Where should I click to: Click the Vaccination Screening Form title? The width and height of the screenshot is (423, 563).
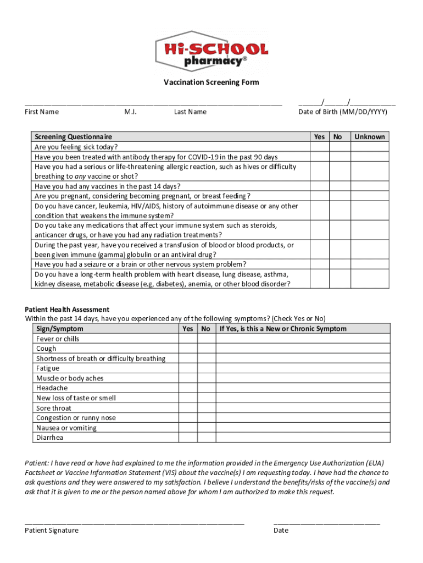tap(211, 82)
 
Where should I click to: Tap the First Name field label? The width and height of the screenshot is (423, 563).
tap(42, 112)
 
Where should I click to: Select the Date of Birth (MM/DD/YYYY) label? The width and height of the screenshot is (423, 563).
tap(343, 112)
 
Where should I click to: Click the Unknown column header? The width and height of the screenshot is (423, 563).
tap(370, 137)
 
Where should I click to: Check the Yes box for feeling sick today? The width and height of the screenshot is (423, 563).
tap(319, 147)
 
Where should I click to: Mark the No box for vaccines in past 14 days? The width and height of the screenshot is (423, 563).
tap(338, 186)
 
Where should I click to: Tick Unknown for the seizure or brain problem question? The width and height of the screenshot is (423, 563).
tap(370, 264)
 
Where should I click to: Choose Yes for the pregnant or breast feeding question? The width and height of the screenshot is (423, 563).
tap(319, 196)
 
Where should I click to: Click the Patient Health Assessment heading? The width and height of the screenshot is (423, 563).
tap(67, 310)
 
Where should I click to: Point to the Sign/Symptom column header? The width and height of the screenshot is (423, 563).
tap(60, 329)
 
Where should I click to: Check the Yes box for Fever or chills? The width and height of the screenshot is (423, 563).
tap(188, 339)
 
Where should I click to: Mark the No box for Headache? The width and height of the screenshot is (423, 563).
tap(206, 388)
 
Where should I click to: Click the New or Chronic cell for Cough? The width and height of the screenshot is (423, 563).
tap(303, 349)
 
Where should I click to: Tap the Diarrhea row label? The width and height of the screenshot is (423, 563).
tap(50, 438)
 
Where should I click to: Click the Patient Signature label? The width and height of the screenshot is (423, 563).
tap(52, 531)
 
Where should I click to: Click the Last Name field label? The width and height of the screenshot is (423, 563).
tap(190, 112)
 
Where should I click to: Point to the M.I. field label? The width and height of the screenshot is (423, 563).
tap(130, 112)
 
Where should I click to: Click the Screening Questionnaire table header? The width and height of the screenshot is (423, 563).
tap(73, 137)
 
